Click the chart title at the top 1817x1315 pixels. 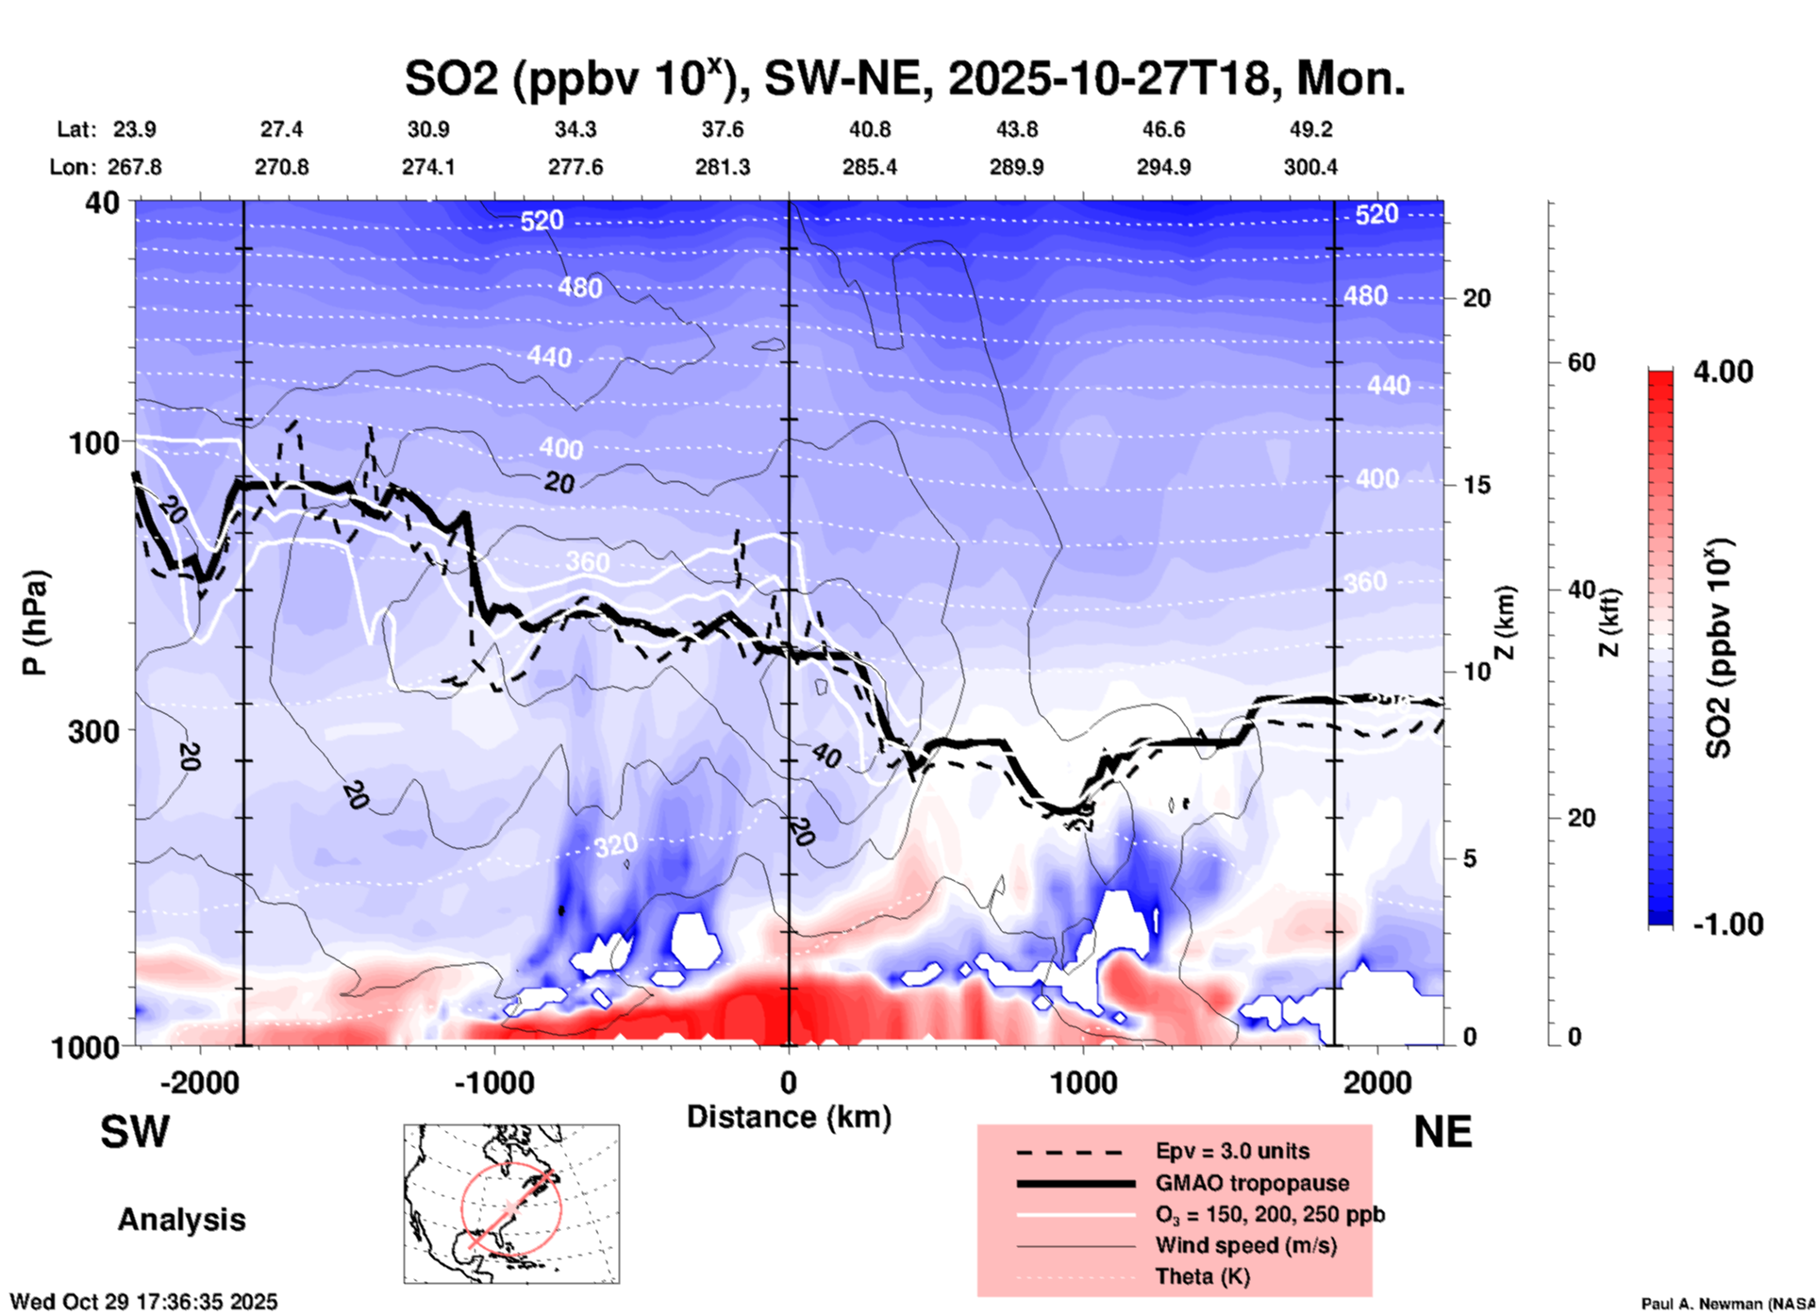click(x=904, y=78)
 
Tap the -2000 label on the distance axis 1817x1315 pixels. click(x=199, y=1082)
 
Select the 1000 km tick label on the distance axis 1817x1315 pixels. click(x=1083, y=1082)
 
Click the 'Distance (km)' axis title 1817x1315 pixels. click(x=789, y=1117)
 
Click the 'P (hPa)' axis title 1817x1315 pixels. click(x=35, y=623)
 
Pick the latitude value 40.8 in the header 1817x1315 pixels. click(x=869, y=129)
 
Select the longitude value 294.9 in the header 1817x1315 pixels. click(x=1162, y=167)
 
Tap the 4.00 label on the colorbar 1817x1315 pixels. click(x=1723, y=371)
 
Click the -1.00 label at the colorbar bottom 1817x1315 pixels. click(x=1727, y=924)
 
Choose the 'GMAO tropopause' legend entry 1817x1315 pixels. click(x=1251, y=1183)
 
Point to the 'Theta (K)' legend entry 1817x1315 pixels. click(x=1202, y=1276)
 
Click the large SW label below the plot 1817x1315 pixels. click(x=135, y=1132)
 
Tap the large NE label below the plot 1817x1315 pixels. click(x=1442, y=1132)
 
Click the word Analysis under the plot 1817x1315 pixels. click(x=181, y=1219)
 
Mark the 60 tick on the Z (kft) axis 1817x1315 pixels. click(x=1581, y=362)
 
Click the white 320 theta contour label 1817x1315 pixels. click(x=615, y=845)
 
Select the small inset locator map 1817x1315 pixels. click(x=511, y=1203)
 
